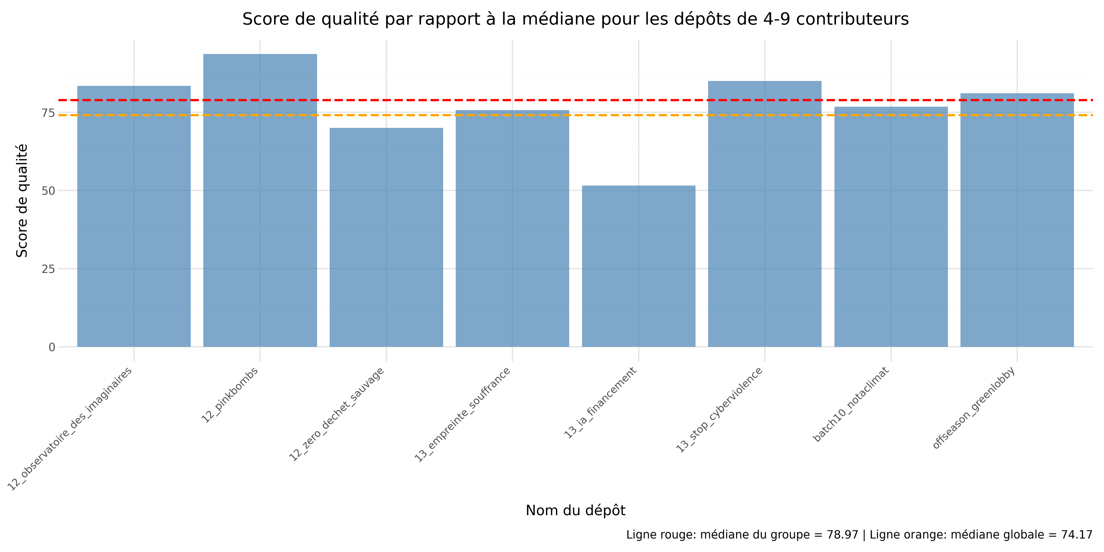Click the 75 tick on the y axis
pos(48,113)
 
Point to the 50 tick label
pos(48,191)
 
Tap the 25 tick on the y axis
pos(48,269)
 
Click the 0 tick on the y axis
pos(52,347)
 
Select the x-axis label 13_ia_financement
pos(600,403)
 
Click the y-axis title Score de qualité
pos(22,201)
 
